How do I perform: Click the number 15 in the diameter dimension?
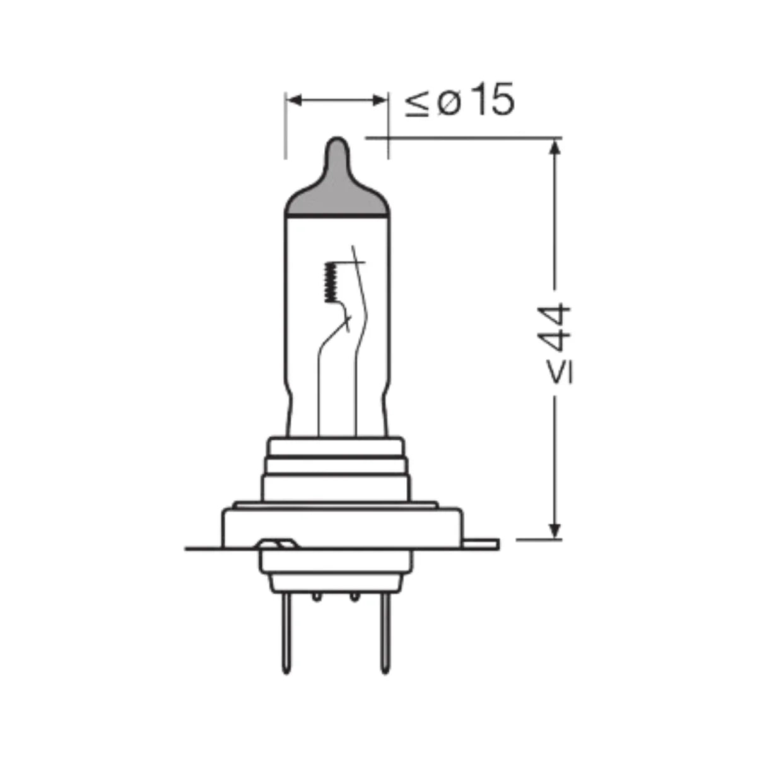click(x=493, y=99)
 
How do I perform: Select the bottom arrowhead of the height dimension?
click(x=555, y=531)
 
